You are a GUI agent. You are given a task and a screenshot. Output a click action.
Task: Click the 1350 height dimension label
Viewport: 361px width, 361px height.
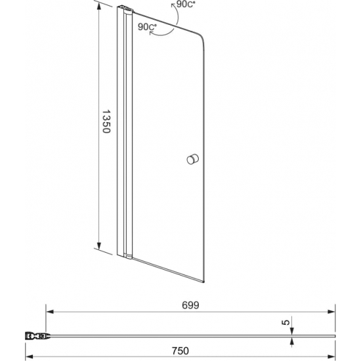tap(106, 121)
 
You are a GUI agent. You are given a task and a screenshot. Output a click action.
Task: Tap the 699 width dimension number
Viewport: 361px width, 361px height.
tap(190, 305)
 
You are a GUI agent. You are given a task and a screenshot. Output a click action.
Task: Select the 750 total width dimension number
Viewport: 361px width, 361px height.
tap(180, 351)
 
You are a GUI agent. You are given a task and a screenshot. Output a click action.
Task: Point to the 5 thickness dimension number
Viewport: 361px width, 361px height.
tap(286, 322)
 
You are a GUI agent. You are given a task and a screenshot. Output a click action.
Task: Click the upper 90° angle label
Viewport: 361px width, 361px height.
tap(186, 5)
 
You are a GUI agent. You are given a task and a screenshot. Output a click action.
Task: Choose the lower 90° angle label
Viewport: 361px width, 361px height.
tap(147, 27)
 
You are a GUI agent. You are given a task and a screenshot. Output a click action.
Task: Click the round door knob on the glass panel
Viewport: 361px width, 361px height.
tap(192, 159)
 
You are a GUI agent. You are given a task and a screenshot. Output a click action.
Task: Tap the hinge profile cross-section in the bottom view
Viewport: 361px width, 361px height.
tap(37, 336)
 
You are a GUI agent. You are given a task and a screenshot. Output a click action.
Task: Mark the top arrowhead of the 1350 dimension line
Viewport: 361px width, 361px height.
tap(99, 7)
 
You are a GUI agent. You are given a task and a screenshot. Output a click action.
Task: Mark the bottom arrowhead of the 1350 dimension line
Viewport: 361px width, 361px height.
tap(99, 246)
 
